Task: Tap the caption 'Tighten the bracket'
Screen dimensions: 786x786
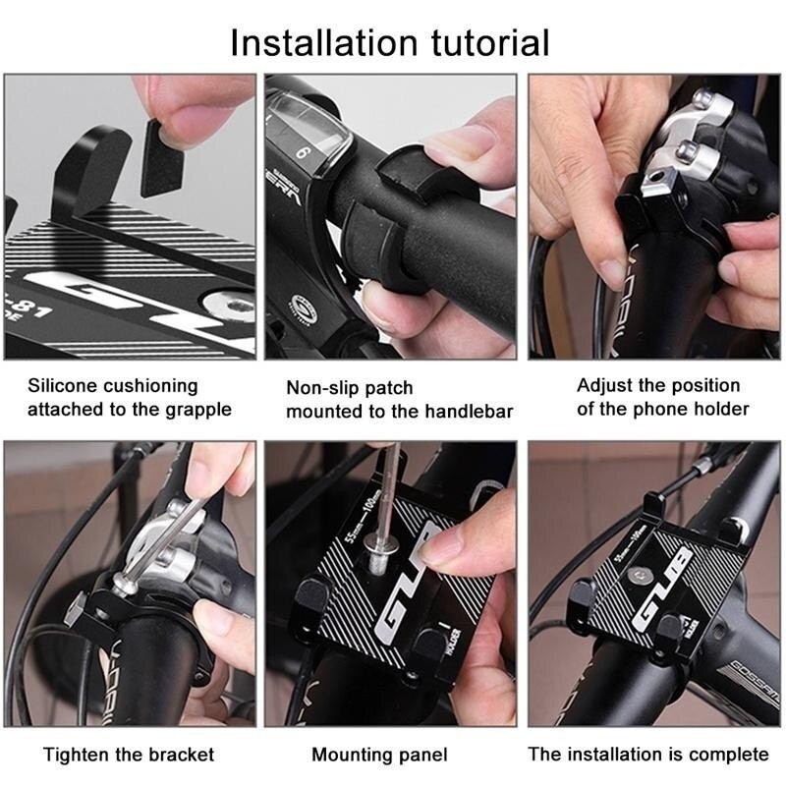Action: [x=129, y=755]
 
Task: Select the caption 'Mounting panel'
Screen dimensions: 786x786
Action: [x=379, y=755]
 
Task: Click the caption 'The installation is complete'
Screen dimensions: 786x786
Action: [x=648, y=754]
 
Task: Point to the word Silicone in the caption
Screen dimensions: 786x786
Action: [x=65, y=385]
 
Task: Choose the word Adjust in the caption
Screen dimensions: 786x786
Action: [x=604, y=385]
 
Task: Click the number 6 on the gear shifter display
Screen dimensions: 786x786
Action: [x=303, y=152]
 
